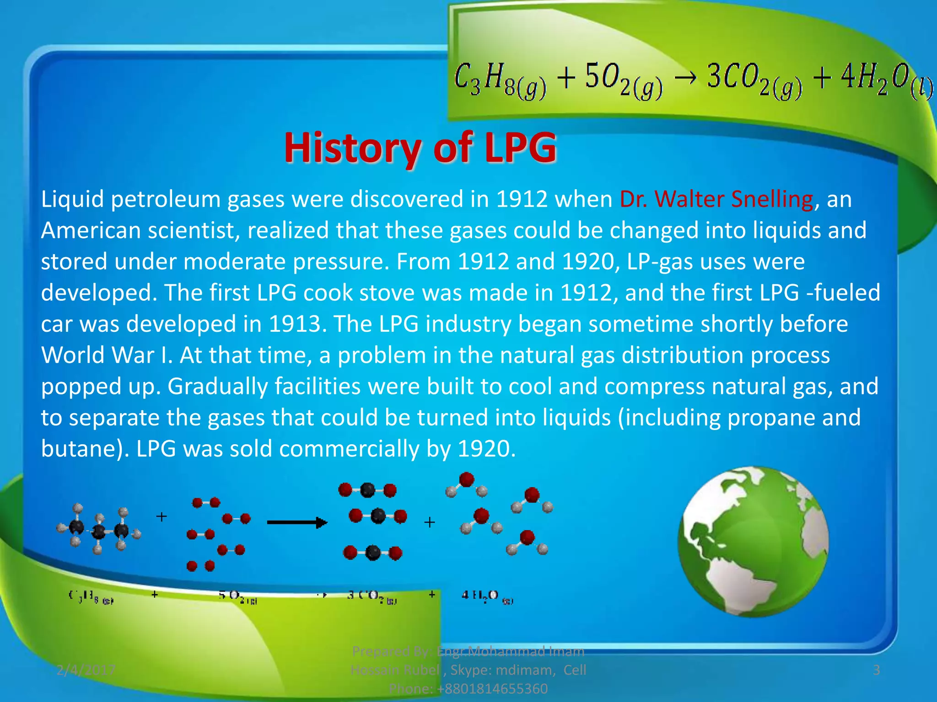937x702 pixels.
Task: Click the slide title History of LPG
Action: tap(420, 148)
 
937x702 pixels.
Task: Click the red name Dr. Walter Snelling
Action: tap(716, 200)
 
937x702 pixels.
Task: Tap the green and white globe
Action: tap(753, 542)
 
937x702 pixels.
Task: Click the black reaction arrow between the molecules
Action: tap(297, 522)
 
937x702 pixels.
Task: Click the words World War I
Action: tap(106, 355)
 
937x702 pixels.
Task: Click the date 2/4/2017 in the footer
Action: tap(86, 670)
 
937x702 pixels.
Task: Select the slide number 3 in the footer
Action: tap(876, 670)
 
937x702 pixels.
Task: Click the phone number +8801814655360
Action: tap(492, 688)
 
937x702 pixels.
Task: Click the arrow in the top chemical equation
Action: tap(684, 78)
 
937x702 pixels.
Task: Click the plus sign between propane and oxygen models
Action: tap(161, 517)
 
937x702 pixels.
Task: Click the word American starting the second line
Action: tap(91, 230)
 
